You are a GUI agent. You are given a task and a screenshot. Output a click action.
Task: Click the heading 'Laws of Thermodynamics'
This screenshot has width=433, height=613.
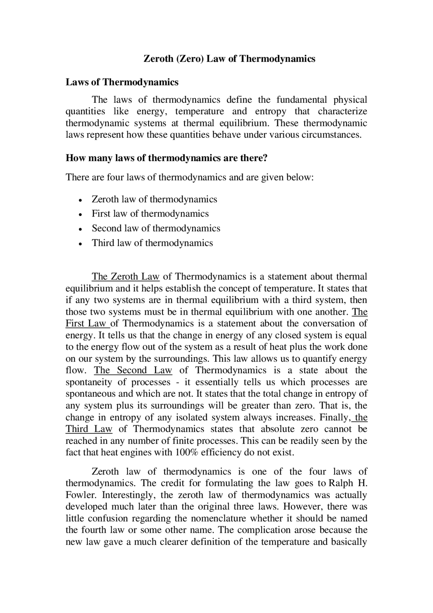[122, 82]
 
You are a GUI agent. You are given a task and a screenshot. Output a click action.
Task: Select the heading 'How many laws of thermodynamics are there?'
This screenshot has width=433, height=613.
[166, 158]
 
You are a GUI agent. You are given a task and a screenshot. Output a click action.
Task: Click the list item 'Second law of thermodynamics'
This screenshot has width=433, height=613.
[156, 228]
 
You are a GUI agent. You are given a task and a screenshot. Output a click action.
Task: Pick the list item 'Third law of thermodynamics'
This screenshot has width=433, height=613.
[152, 243]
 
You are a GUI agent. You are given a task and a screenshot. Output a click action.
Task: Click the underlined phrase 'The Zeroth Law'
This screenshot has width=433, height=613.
[126, 277]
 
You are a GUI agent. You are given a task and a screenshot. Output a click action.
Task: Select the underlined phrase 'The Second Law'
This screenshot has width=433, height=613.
[133, 370]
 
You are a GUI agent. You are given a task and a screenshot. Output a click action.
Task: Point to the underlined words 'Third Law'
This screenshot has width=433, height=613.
[89, 429]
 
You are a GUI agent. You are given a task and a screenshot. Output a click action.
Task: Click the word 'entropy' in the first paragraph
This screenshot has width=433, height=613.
[270, 111]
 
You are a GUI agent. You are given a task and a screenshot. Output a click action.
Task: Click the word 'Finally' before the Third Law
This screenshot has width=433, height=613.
[333, 417]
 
